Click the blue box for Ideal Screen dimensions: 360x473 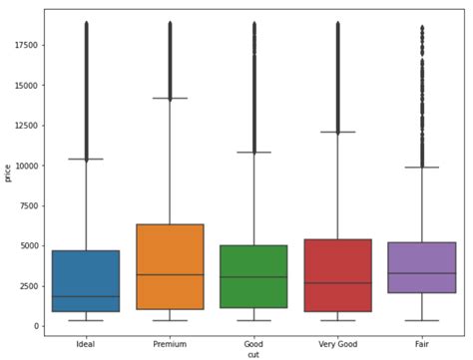[86, 281]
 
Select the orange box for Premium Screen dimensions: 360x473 [170, 266]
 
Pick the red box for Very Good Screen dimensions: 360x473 [337, 275]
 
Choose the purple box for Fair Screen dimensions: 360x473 [421, 267]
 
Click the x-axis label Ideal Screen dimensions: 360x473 [86, 344]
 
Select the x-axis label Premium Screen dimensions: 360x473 [170, 344]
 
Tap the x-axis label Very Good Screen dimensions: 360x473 [337, 344]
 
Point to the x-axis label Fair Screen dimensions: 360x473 [421, 344]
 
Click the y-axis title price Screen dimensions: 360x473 [8, 173]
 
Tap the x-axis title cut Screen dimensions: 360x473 [253, 354]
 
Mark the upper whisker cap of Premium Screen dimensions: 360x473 [170, 99]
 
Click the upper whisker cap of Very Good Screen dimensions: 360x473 [337, 132]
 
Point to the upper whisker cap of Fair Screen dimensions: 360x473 [421, 168]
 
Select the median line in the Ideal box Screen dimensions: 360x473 [86, 296]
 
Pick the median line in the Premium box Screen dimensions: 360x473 [170, 274]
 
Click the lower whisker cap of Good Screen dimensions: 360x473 [253, 320]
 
